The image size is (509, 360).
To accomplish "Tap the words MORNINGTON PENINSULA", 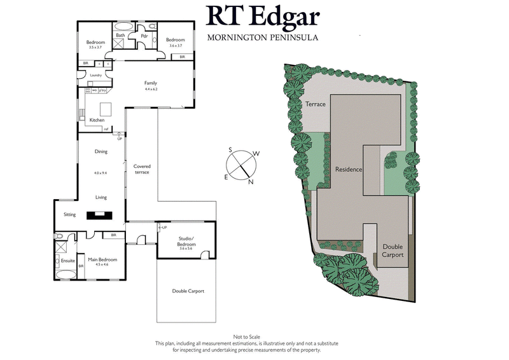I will pos(263,38).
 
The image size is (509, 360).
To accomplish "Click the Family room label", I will pos(151,83).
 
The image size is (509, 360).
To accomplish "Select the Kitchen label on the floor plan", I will pos(97,120).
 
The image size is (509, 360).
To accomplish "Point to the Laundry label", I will pos(96,75).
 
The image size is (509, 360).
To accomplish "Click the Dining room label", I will pos(101,151).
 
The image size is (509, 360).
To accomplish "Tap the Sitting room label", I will pos(69,214).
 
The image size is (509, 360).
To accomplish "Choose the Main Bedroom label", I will pos(102,260).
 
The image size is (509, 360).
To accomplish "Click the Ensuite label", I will pos(68,260).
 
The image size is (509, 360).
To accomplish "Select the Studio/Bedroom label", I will pos(186,241).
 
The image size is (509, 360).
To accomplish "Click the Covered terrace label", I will pos(142,169).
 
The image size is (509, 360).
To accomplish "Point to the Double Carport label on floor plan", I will pos(188,291).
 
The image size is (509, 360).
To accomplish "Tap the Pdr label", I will pos(144,36).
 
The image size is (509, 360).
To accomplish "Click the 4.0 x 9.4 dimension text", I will pos(101,172).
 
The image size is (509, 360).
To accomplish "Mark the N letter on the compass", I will pos(251,182).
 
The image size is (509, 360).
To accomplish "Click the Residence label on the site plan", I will pos(349,170).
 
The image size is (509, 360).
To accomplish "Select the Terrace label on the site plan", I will pos(316,104).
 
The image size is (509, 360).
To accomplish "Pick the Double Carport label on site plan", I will pos(393,250).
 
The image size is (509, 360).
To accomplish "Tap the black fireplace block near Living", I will pos(101,214).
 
